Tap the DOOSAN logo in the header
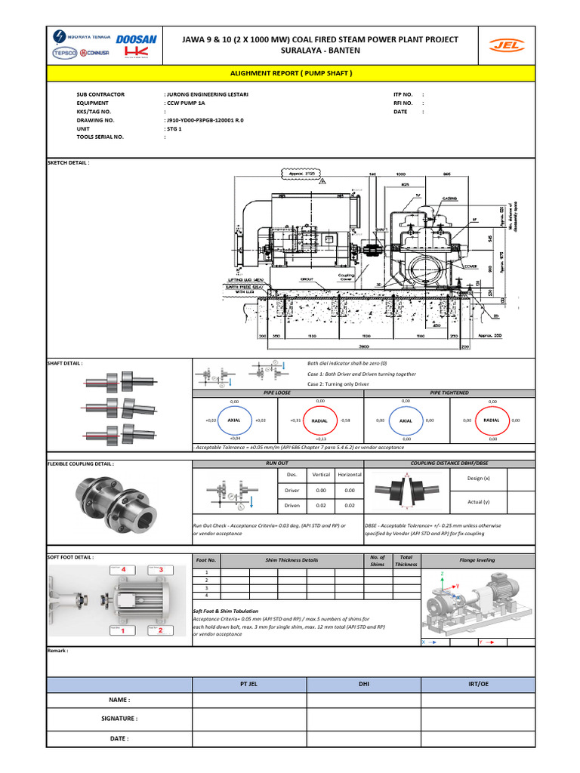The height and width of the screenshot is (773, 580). click(135, 38)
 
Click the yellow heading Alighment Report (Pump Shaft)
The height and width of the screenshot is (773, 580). click(290, 73)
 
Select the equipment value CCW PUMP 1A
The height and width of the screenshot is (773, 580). click(185, 103)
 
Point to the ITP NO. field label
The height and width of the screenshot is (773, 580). click(403, 94)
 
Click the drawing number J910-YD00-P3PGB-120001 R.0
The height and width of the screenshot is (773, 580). click(205, 120)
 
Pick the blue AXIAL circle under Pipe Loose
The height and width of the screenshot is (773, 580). click(234, 420)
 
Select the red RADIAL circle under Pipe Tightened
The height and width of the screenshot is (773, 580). click(492, 420)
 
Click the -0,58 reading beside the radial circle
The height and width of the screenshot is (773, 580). click(345, 420)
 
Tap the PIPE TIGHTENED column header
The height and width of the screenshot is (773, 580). click(449, 393)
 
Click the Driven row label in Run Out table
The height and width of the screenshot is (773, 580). click(292, 505)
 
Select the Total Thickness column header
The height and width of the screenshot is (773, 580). click(406, 559)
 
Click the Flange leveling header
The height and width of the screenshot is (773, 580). click(477, 560)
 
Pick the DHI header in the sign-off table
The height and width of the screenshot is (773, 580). click(363, 684)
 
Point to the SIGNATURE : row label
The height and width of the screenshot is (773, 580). click(119, 719)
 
